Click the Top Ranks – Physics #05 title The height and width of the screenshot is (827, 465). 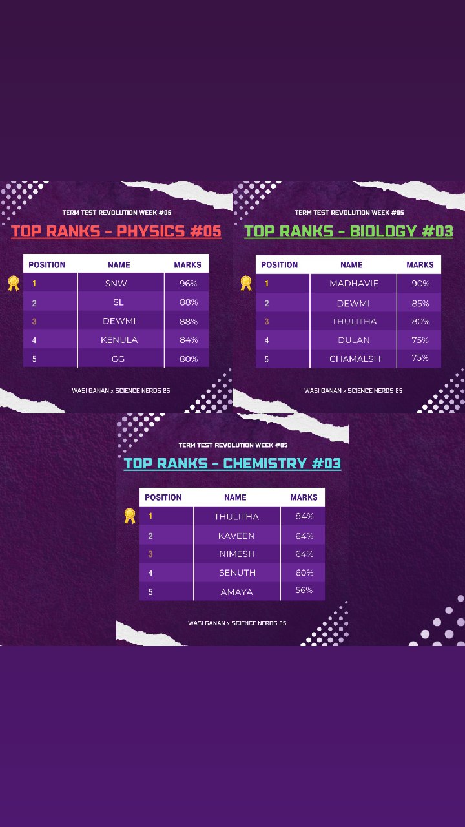[x=116, y=231]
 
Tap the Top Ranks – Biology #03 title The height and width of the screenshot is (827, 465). [x=349, y=231]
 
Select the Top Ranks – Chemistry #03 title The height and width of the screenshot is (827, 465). [x=232, y=464]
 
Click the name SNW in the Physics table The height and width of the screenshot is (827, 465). [x=116, y=284]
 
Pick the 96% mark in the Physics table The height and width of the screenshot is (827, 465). [x=189, y=284]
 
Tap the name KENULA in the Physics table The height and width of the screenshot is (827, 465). [x=119, y=340]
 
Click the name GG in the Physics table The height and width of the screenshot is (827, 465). [x=118, y=359]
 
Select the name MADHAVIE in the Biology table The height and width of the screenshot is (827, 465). [x=354, y=284]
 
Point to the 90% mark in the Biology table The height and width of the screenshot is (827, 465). [x=420, y=284]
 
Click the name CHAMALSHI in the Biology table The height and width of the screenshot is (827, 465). [x=356, y=359]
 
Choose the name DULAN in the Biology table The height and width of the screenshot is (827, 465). [x=353, y=340]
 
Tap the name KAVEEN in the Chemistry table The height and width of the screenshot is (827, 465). [x=236, y=536]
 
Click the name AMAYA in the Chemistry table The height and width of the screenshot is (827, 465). [x=236, y=592]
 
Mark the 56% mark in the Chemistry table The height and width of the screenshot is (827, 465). [x=304, y=591]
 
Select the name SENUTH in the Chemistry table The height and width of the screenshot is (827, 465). [x=237, y=572]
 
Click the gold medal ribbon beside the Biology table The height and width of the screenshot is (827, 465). [x=246, y=283]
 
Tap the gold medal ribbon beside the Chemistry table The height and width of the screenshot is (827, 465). [x=130, y=516]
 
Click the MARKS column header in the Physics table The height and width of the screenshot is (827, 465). [x=187, y=265]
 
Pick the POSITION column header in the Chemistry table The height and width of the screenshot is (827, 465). [x=163, y=497]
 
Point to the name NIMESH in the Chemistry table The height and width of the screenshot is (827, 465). [x=237, y=554]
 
